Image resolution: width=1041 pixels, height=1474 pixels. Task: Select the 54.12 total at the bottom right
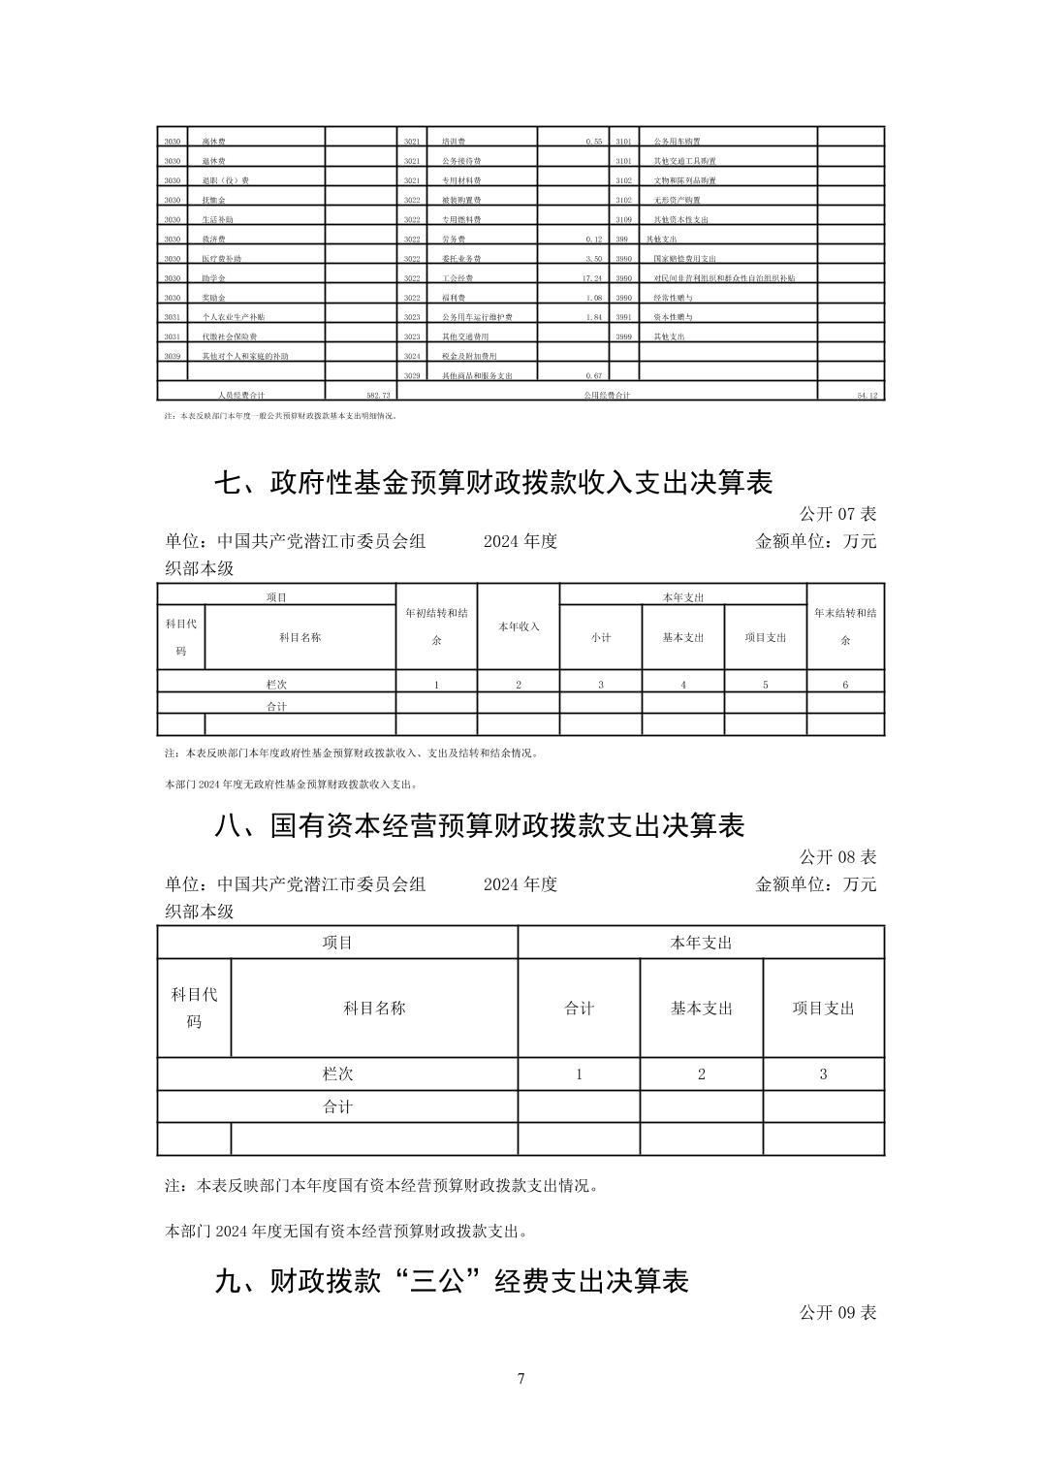point(867,396)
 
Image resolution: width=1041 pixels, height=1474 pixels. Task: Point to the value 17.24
point(592,278)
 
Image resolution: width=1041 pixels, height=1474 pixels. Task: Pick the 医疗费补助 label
point(221,259)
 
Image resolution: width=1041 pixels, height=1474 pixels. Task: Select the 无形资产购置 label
point(677,200)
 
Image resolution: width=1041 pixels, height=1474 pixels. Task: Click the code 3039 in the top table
point(173,356)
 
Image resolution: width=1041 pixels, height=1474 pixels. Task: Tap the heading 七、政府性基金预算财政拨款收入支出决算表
point(493,482)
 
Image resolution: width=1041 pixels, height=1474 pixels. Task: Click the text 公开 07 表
point(837,514)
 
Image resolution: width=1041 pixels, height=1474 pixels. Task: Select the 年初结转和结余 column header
point(436,626)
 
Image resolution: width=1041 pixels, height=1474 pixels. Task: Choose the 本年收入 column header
point(519,626)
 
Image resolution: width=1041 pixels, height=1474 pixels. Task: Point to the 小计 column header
point(601,637)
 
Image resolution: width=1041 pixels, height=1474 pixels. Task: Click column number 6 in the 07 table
point(845,685)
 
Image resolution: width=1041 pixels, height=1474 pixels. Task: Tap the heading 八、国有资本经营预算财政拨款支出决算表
point(480,825)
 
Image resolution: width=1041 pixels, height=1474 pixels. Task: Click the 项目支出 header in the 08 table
point(823,1009)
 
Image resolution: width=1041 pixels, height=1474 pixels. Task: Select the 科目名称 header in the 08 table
point(374,1009)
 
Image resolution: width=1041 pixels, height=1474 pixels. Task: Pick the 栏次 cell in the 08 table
point(337,1073)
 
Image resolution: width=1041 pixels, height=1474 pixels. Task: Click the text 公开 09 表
point(837,1312)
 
